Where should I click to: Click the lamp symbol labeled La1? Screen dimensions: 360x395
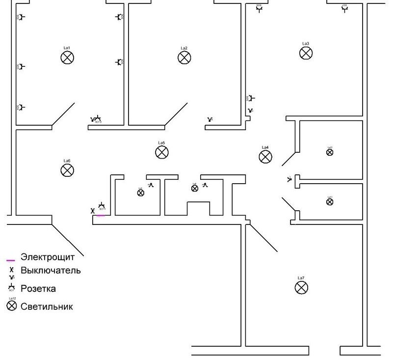click(67, 58)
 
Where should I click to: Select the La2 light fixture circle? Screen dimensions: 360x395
click(184, 58)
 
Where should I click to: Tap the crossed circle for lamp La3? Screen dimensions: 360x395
click(306, 53)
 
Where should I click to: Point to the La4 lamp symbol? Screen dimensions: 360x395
click(265, 157)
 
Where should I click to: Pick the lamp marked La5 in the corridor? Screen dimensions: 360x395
click(162, 152)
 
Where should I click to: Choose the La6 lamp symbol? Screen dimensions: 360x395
click(67, 170)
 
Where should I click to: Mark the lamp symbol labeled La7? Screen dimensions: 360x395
click(301, 287)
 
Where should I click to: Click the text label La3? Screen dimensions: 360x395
click(306, 44)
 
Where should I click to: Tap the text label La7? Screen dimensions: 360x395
click(301, 278)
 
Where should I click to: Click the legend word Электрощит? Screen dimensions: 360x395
click(47, 257)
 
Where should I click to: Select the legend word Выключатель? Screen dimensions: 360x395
click(51, 271)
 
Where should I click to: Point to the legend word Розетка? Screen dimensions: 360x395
click(38, 288)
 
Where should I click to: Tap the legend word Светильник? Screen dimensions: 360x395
click(47, 306)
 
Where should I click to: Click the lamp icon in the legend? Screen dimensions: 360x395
click(11, 306)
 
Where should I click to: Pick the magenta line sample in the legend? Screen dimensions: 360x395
click(11, 260)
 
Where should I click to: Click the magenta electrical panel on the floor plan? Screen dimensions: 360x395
click(100, 215)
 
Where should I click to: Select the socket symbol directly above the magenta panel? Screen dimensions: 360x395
click(102, 206)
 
